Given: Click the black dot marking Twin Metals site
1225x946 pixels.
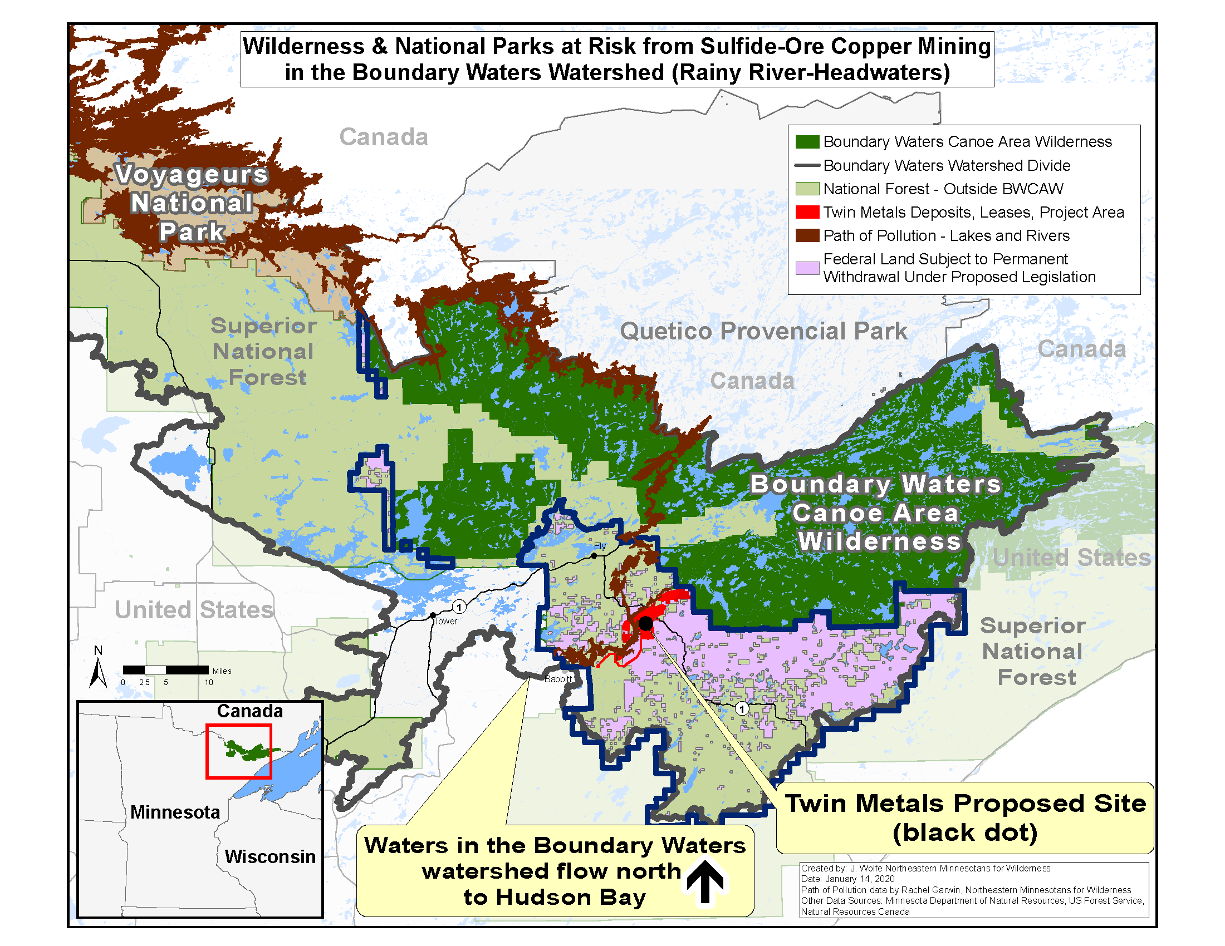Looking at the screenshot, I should (x=645, y=623).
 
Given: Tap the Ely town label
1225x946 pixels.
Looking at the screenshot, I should (x=600, y=546).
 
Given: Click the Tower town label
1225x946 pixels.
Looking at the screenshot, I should (x=446, y=621).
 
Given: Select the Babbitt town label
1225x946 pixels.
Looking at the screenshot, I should (x=558, y=679).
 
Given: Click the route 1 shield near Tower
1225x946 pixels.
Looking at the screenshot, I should (x=459, y=607).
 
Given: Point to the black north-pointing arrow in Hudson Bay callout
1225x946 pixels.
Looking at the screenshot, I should (x=705, y=881).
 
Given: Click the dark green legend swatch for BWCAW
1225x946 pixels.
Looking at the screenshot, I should (x=807, y=142).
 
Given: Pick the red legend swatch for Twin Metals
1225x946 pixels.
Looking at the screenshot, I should (x=807, y=213).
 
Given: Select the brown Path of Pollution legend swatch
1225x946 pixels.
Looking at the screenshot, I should (x=807, y=236).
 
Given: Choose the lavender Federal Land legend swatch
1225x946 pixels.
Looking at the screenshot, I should (x=807, y=268).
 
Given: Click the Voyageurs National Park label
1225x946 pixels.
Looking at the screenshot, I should (x=192, y=203).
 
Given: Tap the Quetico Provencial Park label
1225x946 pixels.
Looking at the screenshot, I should (x=763, y=331).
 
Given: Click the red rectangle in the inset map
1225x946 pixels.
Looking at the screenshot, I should (x=239, y=751).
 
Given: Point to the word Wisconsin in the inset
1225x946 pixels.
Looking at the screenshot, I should (x=270, y=856).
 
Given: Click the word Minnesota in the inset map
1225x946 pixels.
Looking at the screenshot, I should (x=175, y=811).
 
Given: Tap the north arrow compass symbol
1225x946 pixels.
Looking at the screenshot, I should (x=98, y=669).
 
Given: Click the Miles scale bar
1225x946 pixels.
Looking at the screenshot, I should (x=166, y=669).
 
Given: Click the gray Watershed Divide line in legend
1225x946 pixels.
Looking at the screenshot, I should (x=807, y=166).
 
